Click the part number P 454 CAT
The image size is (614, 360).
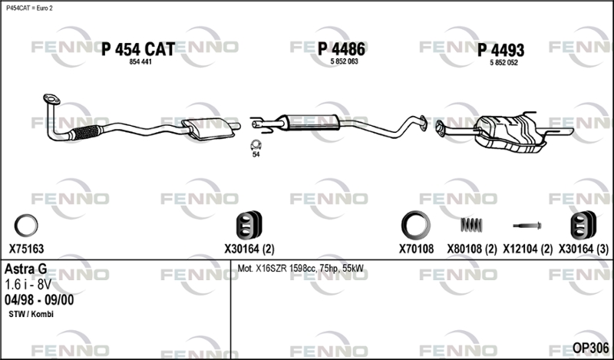click(138, 49)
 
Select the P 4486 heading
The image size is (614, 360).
click(341, 49)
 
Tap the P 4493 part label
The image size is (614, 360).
click(500, 51)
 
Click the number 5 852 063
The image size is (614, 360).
click(343, 61)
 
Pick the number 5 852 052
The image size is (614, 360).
click(503, 62)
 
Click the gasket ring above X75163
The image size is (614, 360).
click(27, 226)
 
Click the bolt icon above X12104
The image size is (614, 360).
click(530, 226)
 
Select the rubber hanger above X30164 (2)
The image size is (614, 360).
click(249, 225)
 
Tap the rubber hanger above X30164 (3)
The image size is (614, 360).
click(581, 225)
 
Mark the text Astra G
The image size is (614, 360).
click(26, 269)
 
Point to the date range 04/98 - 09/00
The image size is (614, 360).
click(39, 299)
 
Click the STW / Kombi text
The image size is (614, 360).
click(31, 315)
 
